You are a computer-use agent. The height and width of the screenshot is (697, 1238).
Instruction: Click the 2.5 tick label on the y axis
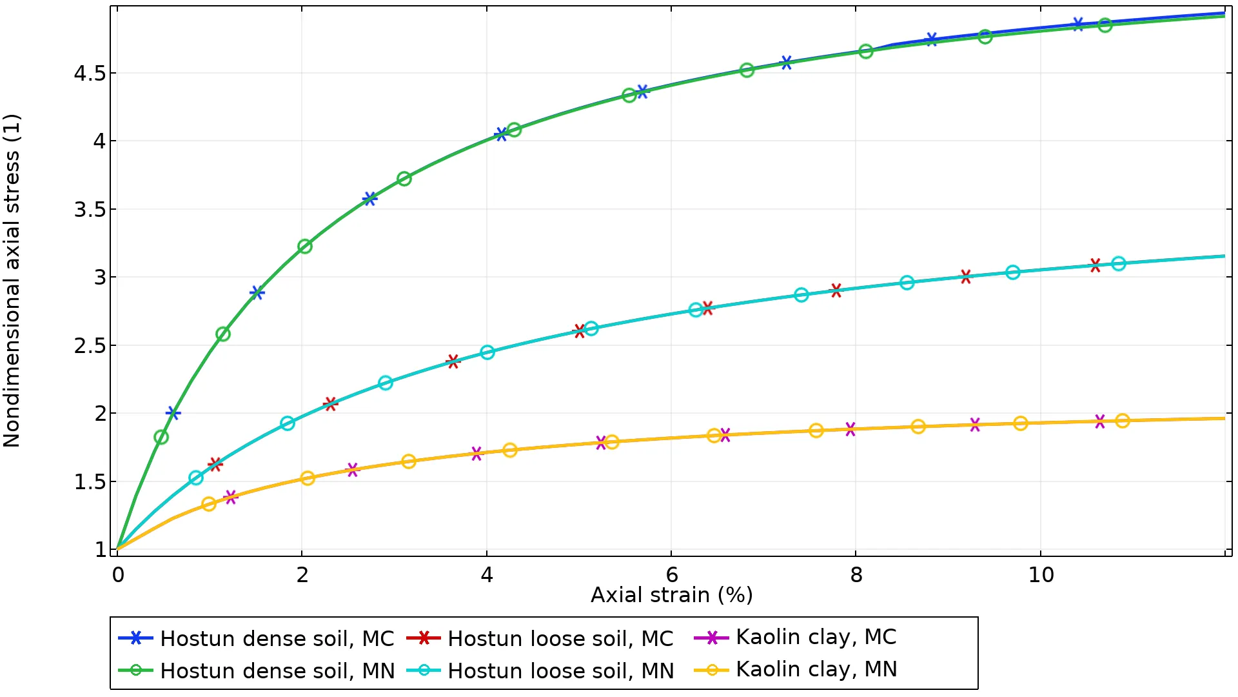pyautogui.click(x=90, y=346)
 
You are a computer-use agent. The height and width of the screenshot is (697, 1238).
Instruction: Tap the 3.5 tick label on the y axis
pyautogui.click(x=90, y=210)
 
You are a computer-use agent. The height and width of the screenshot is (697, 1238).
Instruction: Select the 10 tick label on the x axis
pyautogui.click(x=1041, y=574)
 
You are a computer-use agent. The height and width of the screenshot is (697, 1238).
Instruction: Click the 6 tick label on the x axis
pyautogui.click(x=671, y=574)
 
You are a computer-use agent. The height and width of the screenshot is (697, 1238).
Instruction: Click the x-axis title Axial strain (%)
pyautogui.click(x=671, y=595)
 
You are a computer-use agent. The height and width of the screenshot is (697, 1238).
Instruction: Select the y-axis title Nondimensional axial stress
pyautogui.click(x=12, y=281)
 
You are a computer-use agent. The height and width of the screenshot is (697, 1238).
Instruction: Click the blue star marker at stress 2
pyautogui.click(x=173, y=413)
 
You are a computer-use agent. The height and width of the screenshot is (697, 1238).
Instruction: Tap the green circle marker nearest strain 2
pyautogui.click(x=305, y=247)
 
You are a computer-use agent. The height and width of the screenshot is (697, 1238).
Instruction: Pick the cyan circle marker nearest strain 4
pyautogui.click(x=487, y=352)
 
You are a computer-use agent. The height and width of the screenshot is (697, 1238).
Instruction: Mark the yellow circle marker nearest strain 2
pyautogui.click(x=308, y=478)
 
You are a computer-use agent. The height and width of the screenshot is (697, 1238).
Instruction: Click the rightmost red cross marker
pyautogui.click(x=1095, y=265)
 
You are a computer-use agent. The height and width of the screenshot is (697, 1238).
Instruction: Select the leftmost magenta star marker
pyautogui.click(x=231, y=497)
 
